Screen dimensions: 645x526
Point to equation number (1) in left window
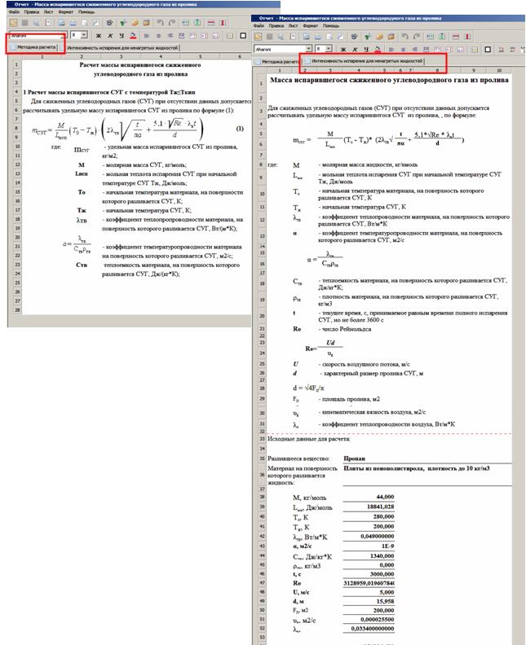pos(240,129)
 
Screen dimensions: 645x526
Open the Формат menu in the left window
pos(51,12)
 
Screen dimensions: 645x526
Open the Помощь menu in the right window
pos(331,25)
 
